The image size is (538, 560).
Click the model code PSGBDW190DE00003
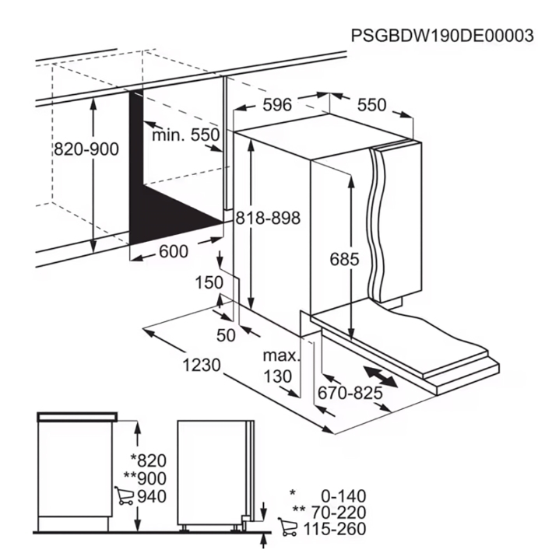coord(442,36)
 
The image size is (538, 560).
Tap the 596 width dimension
coord(277,105)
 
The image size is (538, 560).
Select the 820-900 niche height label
coord(86,149)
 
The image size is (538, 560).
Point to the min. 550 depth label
coord(186,135)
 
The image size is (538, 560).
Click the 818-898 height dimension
coord(268,218)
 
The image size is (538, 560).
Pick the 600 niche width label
coord(174,252)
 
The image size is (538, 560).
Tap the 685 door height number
coord(344,259)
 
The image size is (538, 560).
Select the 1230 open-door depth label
coord(202,366)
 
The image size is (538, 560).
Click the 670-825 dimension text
coord(350,394)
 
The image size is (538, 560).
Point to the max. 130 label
coord(280,366)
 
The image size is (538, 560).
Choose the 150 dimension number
coord(209,282)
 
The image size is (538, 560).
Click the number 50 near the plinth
coord(226,335)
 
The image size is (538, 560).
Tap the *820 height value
coord(149,460)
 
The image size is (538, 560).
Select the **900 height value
coord(145,478)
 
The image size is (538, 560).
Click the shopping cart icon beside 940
coord(124,495)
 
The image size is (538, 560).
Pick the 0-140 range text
coord(344,496)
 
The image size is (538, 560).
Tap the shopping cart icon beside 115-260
coord(288,527)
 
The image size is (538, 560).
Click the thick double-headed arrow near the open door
coord(381,376)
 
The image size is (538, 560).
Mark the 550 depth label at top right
coord(372,105)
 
